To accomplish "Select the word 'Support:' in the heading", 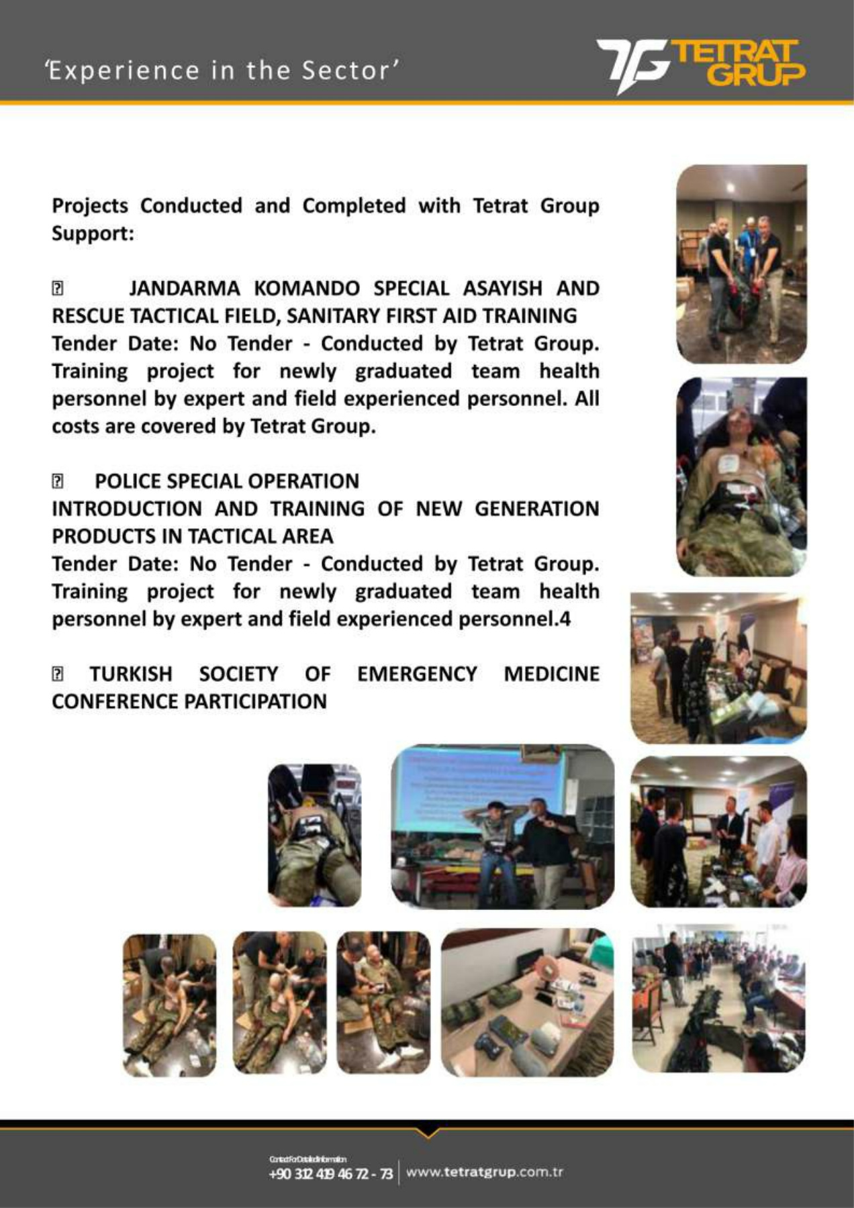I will tap(93, 234).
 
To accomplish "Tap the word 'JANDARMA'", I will tap(185, 289).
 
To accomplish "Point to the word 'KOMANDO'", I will tap(307, 289).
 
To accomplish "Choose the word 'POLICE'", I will tap(128, 481).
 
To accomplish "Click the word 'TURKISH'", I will tap(131, 674).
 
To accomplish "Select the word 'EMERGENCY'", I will tap(417, 674).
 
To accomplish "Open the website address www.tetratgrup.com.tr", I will tap(484, 1172).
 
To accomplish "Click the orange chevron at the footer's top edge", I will tap(427, 1132).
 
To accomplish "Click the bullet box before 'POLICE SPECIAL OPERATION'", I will tap(58, 482).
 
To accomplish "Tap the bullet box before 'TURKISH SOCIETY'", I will tap(58, 674).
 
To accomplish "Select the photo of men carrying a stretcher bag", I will tap(741, 264).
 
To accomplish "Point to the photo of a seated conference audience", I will tap(718, 999).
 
